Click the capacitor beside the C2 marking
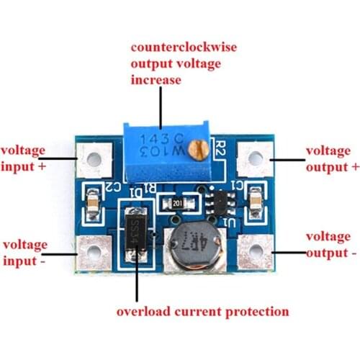click(x=92, y=202)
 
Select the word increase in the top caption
click(x=156, y=79)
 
